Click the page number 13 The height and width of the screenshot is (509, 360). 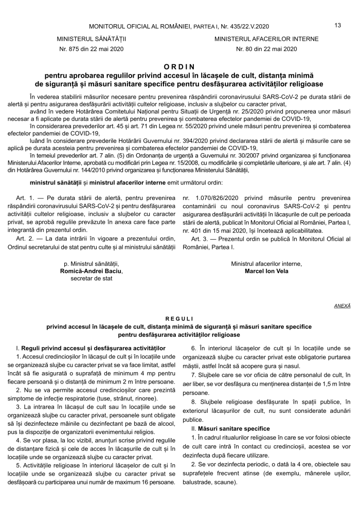[x=338, y=25]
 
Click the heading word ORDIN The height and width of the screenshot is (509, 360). [x=180, y=67]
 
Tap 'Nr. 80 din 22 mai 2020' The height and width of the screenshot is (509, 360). [x=266, y=49]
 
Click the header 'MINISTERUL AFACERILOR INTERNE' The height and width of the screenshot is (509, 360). [x=266, y=39]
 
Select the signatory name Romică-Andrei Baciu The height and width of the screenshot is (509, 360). [x=92, y=271]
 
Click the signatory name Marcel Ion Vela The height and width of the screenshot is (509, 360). [x=266, y=271]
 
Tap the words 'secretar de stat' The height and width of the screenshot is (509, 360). [x=92, y=279]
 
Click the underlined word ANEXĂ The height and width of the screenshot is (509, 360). [x=342, y=305]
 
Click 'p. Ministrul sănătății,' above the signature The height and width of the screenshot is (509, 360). [x=92, y=263]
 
